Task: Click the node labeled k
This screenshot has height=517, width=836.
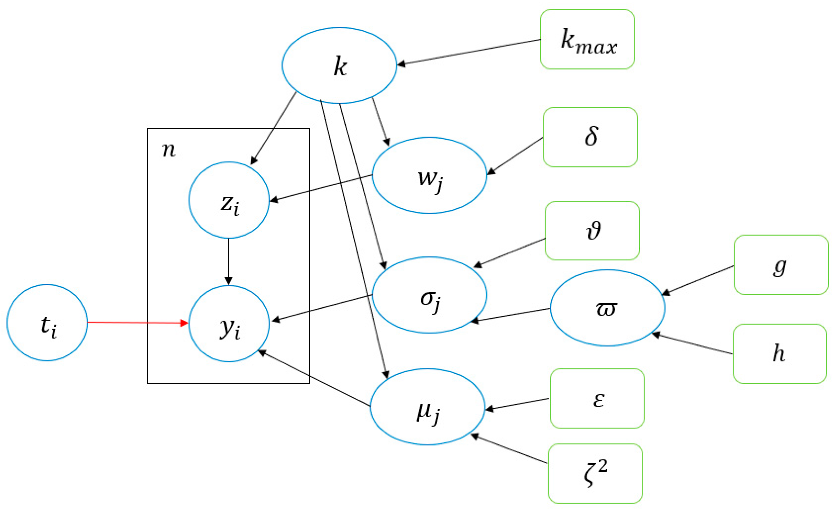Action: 339,65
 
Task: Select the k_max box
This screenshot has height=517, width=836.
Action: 587,39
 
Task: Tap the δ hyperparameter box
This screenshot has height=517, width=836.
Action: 590,137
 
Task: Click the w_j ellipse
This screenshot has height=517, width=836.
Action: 429,175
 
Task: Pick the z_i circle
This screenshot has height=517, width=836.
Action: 229,200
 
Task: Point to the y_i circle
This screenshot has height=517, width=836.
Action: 229,324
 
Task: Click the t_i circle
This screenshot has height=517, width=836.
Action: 47,323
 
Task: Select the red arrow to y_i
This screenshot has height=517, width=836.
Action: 137,322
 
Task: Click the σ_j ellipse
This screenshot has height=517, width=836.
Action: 429,295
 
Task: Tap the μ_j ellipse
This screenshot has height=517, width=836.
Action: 427,407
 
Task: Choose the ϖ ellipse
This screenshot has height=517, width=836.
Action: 607,308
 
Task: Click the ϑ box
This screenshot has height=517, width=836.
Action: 592,231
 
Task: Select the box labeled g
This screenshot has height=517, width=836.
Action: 781,265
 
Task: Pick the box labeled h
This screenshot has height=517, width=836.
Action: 779,354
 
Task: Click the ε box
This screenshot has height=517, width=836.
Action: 597,398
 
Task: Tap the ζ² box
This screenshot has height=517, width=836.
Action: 595,474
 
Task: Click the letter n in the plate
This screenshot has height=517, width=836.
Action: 168,150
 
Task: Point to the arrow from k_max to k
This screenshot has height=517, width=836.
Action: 469,52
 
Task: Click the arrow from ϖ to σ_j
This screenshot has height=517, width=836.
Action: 510,315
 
